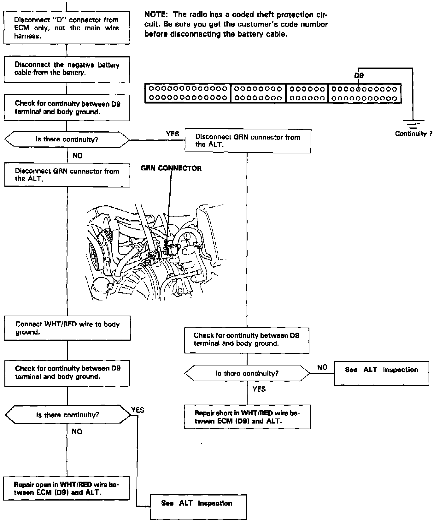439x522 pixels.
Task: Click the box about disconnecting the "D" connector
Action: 67,28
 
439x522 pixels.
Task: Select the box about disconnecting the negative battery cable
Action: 67,69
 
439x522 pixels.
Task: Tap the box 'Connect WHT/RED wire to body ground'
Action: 67,328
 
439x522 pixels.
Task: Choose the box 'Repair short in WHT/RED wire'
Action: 247,417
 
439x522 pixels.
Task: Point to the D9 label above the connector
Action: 359,76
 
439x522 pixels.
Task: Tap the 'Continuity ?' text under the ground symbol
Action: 413,134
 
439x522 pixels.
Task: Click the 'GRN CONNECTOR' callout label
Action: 171,169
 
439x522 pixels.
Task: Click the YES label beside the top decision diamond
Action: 173,134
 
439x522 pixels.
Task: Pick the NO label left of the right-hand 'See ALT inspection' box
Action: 322,367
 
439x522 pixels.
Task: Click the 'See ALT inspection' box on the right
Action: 382,373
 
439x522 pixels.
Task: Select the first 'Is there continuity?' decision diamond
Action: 67,139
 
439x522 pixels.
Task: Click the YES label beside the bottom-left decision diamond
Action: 138,410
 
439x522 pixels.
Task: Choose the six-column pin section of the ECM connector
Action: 307,93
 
